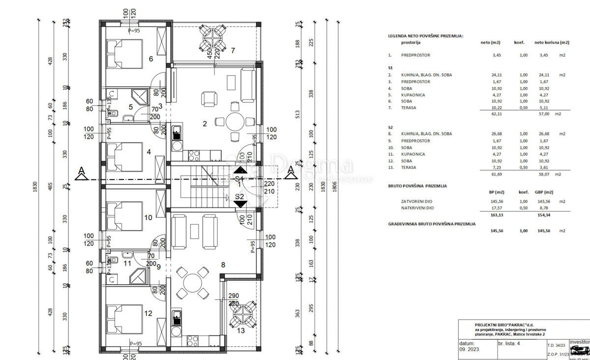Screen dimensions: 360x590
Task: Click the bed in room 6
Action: (124, 54)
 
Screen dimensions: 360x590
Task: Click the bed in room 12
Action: (124, 319)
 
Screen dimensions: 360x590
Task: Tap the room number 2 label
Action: (205, 124)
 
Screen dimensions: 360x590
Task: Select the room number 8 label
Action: (223, 265)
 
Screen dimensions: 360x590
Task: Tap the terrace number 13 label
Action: (240, 330)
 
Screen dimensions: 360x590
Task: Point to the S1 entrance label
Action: (239, 179)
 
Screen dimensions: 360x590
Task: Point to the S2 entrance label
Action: (239, 197)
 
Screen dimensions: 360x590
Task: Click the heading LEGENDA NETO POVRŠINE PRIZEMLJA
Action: (425, 36)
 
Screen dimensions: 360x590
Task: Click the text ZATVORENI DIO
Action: (417, 202)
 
